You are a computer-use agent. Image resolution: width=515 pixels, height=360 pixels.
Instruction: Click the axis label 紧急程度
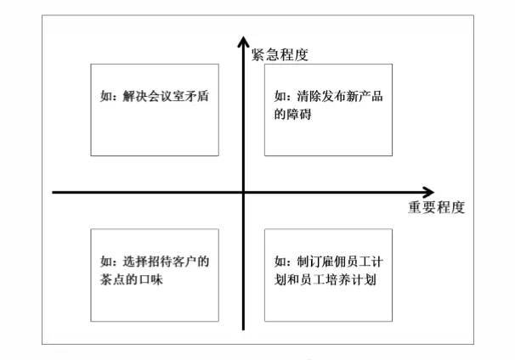click(280, 55)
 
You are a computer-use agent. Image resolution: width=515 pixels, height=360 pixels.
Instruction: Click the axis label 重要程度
click(437, 207)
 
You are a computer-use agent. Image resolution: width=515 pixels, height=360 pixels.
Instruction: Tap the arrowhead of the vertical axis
click(243, 42)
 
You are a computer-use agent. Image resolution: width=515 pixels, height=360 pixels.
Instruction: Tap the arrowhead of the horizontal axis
click(428, 192)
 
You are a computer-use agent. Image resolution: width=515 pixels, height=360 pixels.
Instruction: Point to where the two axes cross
click(243, 192)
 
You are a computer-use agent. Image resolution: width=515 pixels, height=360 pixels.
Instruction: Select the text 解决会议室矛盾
click(166, 96)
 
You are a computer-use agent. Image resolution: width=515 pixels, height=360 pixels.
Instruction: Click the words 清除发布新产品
click(340, 96)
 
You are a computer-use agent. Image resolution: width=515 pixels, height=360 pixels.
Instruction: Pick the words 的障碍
click(293, 115)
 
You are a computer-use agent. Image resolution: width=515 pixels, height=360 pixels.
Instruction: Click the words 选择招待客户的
click(166, 262)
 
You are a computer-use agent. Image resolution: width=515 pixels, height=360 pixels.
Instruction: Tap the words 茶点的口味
click(132, 279)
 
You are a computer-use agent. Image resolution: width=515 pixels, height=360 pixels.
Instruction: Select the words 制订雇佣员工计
click(340, 262)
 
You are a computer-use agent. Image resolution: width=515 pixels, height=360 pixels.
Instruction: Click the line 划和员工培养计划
click(325, 279)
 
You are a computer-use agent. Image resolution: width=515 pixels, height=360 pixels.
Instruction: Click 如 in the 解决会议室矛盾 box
click(106, 96)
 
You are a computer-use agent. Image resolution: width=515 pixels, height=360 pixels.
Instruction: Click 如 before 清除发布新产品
click(280, 96)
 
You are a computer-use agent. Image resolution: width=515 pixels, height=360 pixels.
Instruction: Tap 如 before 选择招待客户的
click(106, 262)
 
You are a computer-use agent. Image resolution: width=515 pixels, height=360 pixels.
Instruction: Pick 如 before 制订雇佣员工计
click(280, 262)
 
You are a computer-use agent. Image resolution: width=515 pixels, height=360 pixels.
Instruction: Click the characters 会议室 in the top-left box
click(166, 96)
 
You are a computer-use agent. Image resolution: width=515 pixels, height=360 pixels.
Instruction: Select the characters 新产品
click(365, 96)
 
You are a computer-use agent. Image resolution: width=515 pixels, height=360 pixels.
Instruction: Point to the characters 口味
click(150, 279)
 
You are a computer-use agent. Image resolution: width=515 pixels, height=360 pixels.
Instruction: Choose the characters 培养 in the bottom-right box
click(352, 279)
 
